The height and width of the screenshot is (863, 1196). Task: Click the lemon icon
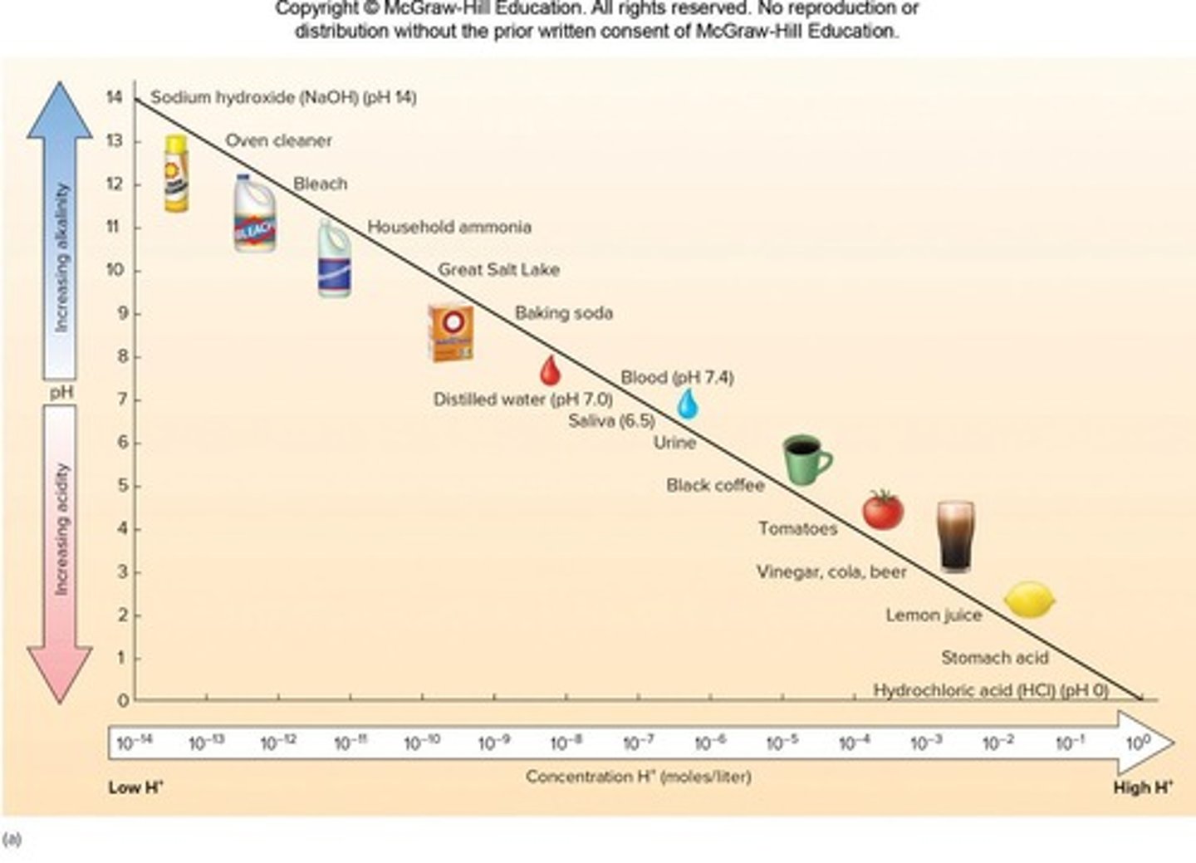[x=1030, y=600]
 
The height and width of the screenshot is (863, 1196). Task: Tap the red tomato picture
[x=882, y=509]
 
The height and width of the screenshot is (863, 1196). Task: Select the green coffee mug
[x=806, y=459]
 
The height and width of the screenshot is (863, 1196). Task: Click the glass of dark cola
[x=955, y=537]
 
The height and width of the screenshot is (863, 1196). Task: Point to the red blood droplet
[x=550, y=370]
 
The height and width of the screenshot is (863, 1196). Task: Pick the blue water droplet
[x=688, y=404]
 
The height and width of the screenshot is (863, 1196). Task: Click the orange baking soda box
[x=451, y=332]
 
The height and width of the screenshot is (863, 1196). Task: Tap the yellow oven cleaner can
[x=176, y=173]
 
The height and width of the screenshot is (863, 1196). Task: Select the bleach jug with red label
[x=254, y=213]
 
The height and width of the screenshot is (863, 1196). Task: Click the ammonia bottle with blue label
[x=334, y=258]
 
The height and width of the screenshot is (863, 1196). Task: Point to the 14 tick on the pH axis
[x=115, y=98]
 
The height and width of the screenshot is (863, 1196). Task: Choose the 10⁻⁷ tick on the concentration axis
[x=638, y=741]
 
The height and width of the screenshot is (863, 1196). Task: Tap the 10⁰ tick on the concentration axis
[x=1138, y=741]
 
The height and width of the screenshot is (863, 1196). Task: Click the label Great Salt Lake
[x=498, y=270]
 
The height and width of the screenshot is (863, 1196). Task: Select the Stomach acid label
[x=994, y=658]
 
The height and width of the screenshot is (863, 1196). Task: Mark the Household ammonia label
[x=449, y=227]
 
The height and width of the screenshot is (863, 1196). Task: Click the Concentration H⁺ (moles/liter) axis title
[x=638, y=777]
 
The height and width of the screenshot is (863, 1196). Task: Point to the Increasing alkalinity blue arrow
[x=61, y=233]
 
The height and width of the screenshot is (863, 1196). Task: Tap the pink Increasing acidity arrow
[x=61, y=548]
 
